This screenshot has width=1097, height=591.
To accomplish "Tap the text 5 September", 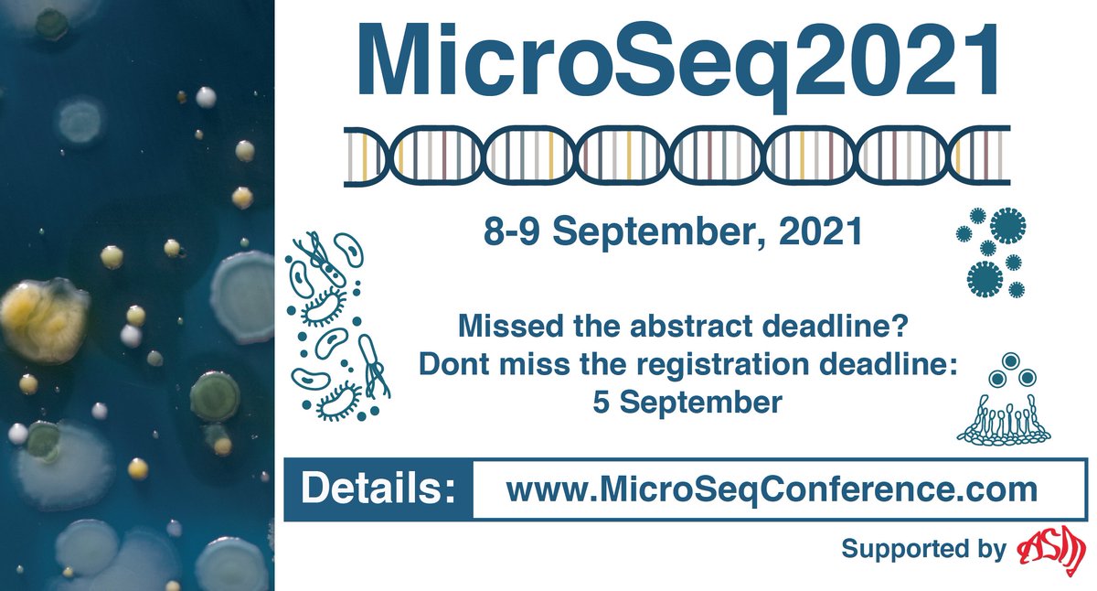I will point(687,403).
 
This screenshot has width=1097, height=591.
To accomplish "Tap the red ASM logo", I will point(1050,549).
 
